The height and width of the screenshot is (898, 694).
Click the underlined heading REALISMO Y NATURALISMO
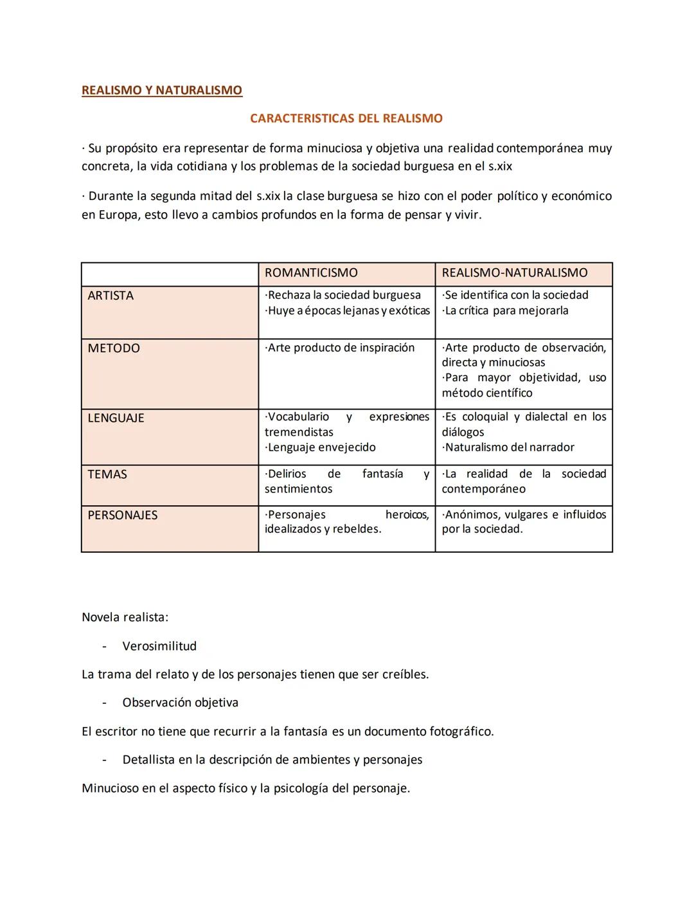162,90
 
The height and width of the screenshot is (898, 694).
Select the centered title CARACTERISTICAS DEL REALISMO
346,118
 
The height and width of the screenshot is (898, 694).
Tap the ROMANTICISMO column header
311,273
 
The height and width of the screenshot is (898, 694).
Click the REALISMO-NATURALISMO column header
514,273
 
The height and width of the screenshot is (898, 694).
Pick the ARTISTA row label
111,296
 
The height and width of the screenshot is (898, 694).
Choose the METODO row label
114,348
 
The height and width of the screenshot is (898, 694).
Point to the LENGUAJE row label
116,418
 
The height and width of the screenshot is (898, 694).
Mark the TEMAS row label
107,474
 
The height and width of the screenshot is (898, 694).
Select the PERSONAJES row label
123,516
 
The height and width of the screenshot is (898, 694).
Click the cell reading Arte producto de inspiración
340,348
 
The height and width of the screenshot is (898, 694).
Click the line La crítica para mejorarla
506,310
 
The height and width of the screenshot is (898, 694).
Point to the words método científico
487,393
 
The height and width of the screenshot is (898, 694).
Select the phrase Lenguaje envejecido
321,447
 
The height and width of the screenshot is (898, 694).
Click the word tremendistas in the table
299,432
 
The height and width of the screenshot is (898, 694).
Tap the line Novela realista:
125,617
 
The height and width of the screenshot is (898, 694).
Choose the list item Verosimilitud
159,646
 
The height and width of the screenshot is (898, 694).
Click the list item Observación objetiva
180,703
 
